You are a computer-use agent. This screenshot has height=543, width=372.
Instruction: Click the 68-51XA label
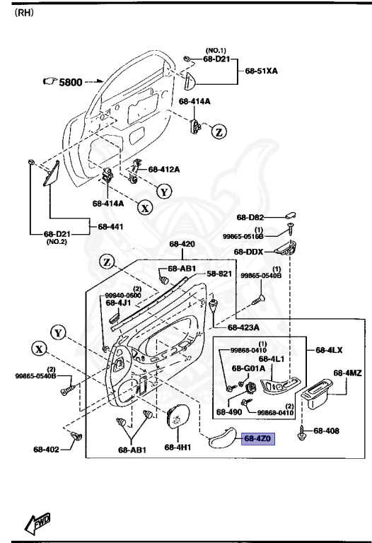pos(263,71)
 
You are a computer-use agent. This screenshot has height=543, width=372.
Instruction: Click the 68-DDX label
pos(249,252)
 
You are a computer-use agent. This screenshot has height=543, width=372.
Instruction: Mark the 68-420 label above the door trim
pos(182,245)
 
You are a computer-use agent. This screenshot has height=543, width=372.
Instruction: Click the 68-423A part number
pos(243,327)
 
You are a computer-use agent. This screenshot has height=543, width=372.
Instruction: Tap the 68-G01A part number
pos(250,368)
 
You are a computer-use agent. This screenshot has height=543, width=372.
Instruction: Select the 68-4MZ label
pos(347,373)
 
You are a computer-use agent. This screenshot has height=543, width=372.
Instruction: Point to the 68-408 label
pos(327,431)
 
